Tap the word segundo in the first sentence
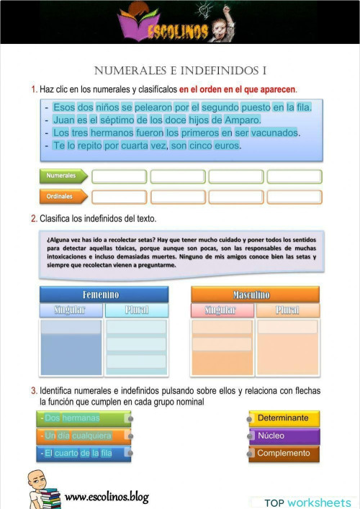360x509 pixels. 222,107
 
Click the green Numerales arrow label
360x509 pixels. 63,176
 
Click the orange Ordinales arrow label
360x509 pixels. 63,196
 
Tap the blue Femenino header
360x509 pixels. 104,294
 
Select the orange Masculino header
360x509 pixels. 255,294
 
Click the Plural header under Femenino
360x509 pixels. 136,310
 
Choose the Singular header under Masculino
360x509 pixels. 222,310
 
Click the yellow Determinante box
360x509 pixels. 284,418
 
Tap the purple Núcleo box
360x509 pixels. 284,436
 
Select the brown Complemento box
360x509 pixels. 284,454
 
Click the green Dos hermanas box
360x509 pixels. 83,418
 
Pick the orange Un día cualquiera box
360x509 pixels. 83,436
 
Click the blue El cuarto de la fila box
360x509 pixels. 83,454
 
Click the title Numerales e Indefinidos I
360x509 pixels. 180,71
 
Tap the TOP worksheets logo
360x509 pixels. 302,502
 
